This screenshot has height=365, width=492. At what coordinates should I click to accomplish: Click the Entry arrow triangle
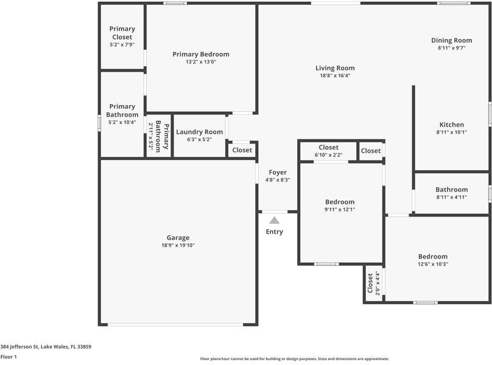pos(275,220)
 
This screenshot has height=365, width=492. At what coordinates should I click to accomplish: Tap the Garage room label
pos(178,238)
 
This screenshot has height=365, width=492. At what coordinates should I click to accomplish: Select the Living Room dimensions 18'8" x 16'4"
pos(335,76)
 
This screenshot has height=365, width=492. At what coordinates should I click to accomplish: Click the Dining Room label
pos(451,40)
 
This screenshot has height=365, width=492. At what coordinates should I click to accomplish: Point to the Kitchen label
pos(451,125)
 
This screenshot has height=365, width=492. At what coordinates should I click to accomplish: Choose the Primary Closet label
pos(122,33)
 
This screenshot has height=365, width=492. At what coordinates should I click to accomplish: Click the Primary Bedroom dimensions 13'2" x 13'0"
pos(201,62)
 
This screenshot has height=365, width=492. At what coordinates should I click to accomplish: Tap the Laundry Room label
pos(199,132)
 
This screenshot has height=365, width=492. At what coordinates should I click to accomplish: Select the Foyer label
pos(277,173)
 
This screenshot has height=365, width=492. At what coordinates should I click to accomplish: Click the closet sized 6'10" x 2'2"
pos(329,151)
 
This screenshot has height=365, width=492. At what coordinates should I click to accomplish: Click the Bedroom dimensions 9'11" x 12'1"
pos(339,210)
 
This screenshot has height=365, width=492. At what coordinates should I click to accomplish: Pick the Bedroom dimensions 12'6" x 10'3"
pos(432,265)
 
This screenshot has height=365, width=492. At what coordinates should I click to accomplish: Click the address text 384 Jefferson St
pos(46,347)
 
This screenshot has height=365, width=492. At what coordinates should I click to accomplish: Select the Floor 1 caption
pos(9,357)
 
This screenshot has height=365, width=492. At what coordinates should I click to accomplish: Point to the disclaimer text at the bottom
pos(294,359)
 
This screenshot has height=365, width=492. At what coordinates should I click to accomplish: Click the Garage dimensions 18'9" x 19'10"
pos(178,246)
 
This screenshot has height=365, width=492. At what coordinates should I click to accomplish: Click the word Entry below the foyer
pos(275,232)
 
